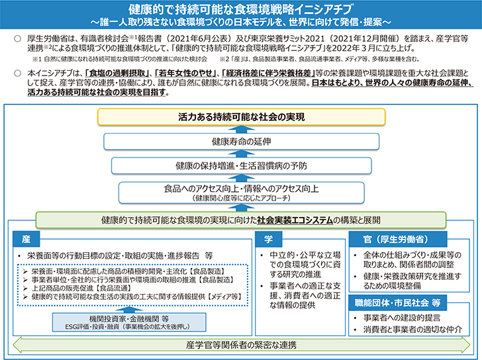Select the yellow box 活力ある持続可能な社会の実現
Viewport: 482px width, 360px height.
(x=240, y=116)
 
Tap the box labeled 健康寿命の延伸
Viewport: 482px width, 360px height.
(x=240, y=142)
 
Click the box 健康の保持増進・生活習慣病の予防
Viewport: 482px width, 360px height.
(x=240, y=165)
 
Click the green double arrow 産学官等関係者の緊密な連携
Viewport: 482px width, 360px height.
(x=240, y=345)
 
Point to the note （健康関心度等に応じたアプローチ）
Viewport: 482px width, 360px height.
(x=240, y=198)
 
